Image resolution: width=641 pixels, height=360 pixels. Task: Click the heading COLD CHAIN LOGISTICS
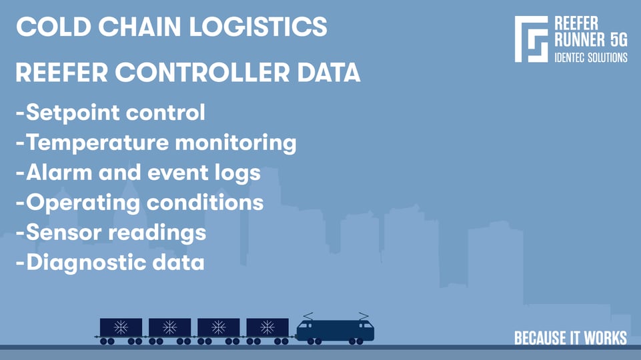point(171,27)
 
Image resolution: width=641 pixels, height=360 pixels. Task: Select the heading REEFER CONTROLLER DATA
point(187,73)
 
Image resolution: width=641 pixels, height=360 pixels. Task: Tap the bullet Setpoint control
point(110,112)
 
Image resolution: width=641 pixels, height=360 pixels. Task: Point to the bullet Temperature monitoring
point(155,142)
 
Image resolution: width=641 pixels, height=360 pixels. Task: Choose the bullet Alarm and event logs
point(137,172)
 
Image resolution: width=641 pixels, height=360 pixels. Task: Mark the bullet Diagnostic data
point(109,261)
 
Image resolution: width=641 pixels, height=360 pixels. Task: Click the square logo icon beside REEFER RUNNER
point(532,39)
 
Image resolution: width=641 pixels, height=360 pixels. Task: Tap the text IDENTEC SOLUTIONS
point(591,58)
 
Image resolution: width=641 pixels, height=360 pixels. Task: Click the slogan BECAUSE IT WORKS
point(570,338)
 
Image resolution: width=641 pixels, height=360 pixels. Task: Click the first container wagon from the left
point(121,328)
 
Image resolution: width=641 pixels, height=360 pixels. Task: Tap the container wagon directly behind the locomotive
point(267,328)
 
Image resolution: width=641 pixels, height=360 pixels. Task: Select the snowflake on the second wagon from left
point(169,327)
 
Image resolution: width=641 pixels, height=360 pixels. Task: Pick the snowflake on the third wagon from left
point(218,327)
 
